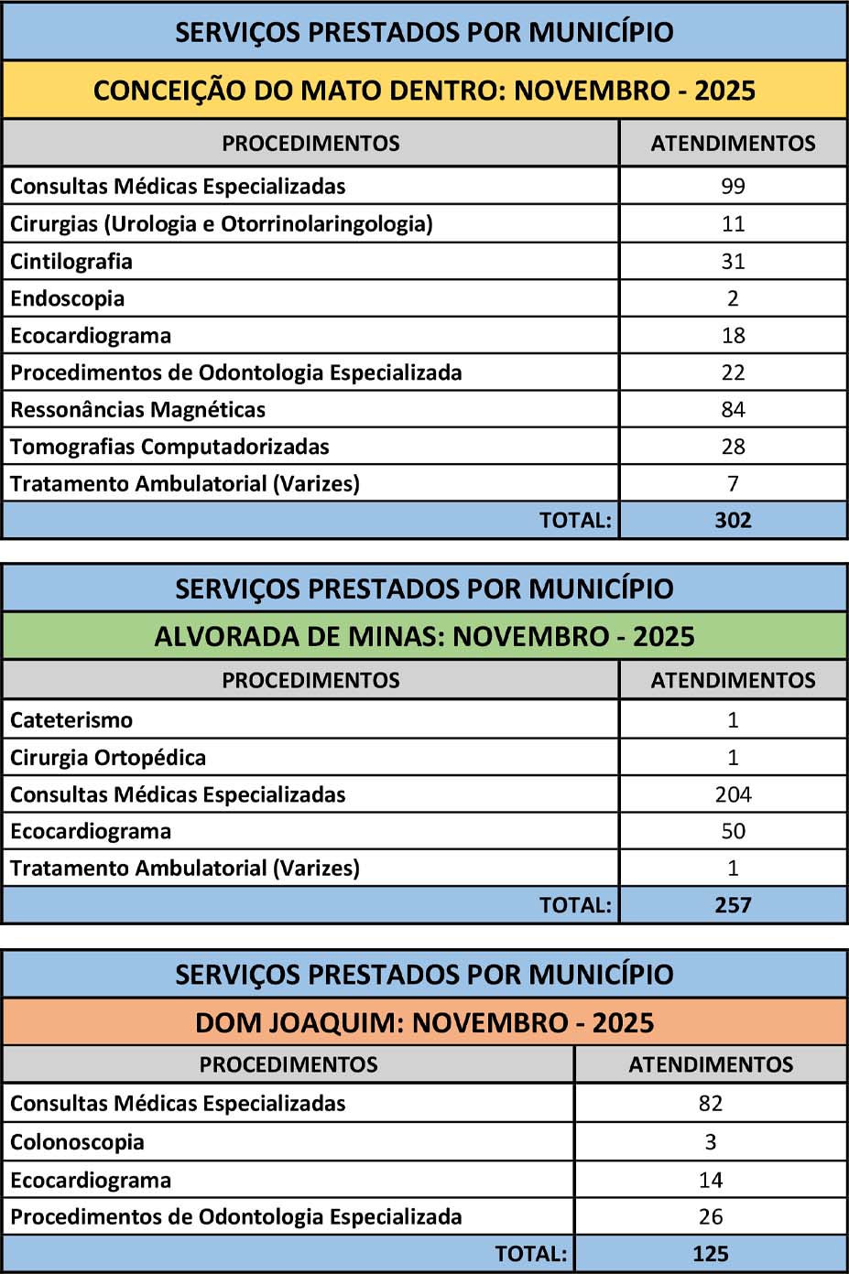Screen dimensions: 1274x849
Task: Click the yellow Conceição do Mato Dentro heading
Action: coord(424,91)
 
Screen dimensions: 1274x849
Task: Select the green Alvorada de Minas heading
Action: coord(424,636)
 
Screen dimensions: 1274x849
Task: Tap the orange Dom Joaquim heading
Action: coord(424,1022)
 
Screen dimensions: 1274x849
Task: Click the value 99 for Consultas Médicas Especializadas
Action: coord(733,186)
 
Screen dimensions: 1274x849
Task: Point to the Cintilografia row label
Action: coord(71,261)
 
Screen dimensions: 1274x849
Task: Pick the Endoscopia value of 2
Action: coord(733,298)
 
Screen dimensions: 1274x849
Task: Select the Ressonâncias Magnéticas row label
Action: coord(137,409)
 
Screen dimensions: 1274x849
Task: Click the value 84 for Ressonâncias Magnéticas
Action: coord(733,409)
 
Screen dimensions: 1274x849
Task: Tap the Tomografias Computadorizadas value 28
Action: coord(733,447)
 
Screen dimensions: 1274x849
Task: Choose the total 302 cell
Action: coord(733,520)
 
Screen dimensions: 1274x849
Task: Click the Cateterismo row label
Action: coord(71,720)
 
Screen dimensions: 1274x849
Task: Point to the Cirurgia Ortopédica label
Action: coord(108,758)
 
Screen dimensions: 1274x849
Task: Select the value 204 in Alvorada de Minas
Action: coord(733,794)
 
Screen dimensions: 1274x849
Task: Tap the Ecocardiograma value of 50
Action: coord(733,831)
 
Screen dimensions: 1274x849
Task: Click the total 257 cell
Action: coord(733,905)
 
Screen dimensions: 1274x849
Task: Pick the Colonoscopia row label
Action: coord(77,1142)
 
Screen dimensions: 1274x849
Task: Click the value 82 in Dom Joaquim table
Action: coord(711,1104)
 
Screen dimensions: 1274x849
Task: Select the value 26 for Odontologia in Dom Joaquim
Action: coord(711,1217)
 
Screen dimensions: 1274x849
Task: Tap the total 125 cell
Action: coord(711,1254)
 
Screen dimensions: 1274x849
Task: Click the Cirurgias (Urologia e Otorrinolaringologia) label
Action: coord(221,223)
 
